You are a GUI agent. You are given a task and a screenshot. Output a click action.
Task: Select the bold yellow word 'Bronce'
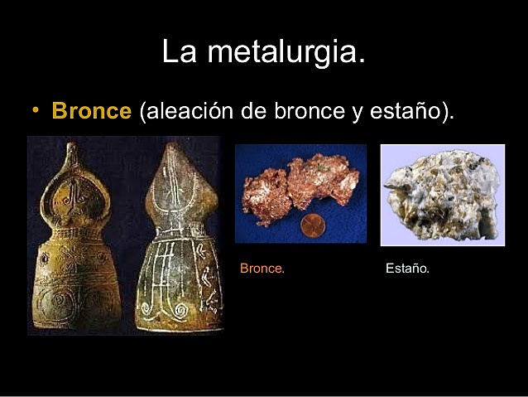tap(91, 112)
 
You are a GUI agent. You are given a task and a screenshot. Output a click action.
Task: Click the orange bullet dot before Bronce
tap(36, 110)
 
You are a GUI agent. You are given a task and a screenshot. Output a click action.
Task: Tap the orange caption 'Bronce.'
tap(262, 269)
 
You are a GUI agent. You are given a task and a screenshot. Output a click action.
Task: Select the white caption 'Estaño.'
tap(408, 269)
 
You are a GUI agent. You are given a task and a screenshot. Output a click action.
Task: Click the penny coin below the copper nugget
tap(311, 225)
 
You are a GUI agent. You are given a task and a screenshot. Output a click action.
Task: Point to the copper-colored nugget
tap(298, 186)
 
